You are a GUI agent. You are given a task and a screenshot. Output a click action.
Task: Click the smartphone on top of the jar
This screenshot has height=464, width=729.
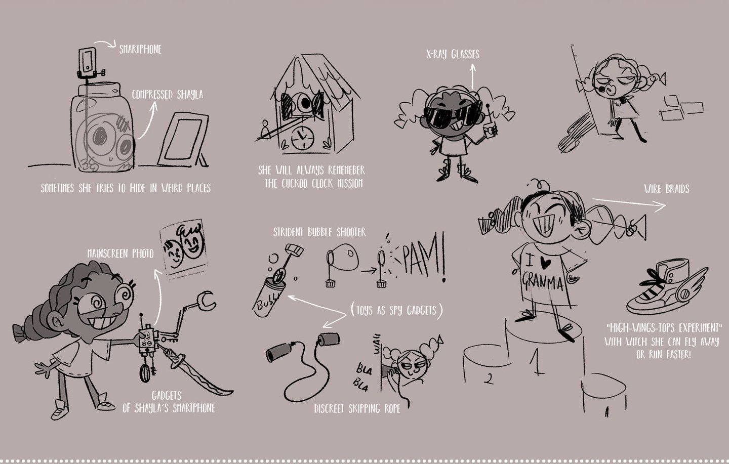pyautogui.click(x=88, y=61)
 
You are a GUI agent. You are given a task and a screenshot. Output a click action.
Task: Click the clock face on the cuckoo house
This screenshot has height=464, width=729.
pyautogui.click(x=303, y=138)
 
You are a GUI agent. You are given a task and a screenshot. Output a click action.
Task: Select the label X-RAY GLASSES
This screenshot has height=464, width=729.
pyautogui.click(x=453, y=54)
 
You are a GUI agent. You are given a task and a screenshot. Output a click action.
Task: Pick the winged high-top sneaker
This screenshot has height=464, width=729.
pyautogui.click(x=666, y=287)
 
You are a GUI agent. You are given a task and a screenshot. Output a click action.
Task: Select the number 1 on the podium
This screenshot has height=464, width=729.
pyautogui.click(x=536, y=361)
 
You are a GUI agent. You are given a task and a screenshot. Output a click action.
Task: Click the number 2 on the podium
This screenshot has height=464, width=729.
pyautogui.click(x=488, y=378)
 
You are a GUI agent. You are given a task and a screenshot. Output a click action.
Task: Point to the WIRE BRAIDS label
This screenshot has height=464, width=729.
pyautogui.click(x=667, y=189)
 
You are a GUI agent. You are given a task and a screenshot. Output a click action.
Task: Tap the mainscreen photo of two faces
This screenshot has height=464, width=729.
pyautogui.click(x=184, y=249)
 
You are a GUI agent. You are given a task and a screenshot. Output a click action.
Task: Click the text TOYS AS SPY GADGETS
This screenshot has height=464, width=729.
pyautogui.click(x=397, y=310)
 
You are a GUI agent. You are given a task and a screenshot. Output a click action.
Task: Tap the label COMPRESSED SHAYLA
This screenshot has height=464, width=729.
pyautogui.click(x=167, y=94)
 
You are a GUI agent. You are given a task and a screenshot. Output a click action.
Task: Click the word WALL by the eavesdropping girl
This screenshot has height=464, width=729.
pyautogui.click(x=377, y=344)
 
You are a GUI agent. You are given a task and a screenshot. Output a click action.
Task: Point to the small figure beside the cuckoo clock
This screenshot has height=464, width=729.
pyautogui.click(x=266, y=130)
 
